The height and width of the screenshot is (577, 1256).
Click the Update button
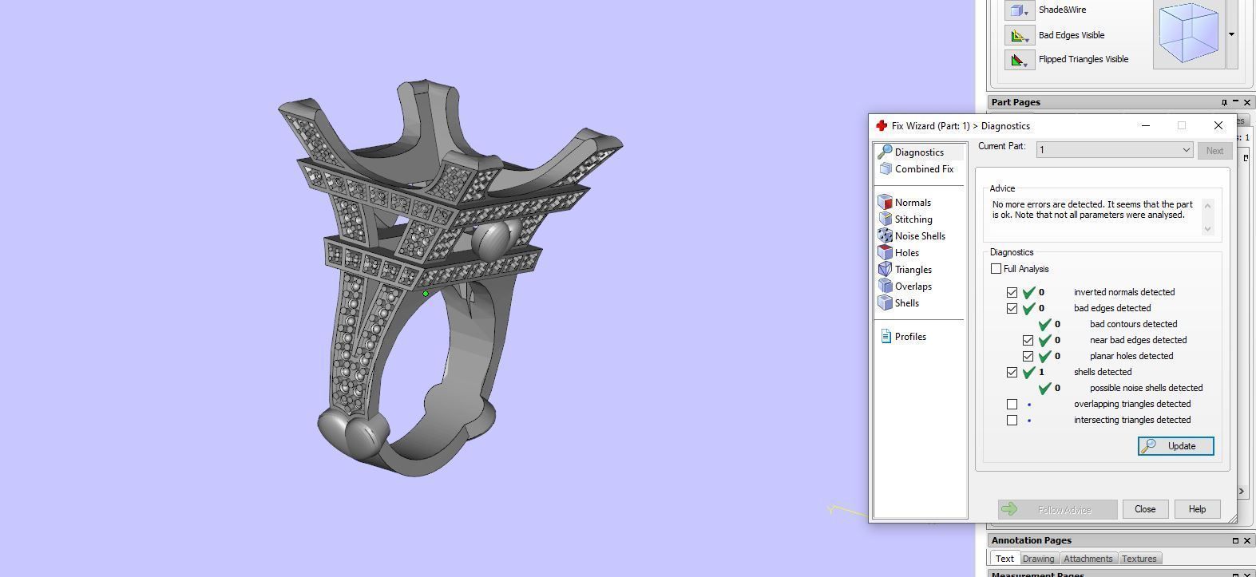tap(1175, 446)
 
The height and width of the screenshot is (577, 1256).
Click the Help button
tap(1196, 509)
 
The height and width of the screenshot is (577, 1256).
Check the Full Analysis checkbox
tap(996, 269)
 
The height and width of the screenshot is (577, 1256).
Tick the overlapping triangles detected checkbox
tap(1012, 404)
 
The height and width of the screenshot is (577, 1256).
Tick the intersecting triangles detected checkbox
tap(1012, 420)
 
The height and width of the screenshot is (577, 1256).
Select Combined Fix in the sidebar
tap(923, 169)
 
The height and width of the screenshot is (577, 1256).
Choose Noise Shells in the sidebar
tap(919, 236)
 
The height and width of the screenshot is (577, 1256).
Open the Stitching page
tap(913, 219)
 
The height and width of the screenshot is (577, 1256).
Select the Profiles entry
tap(909, 337)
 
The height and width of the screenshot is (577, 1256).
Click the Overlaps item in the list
tap(913, 287)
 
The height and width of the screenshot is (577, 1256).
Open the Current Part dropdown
tap(1114, 150)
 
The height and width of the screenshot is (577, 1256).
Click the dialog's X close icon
tap(1218, 125)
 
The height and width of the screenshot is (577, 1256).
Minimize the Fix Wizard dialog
tap(1145, 125)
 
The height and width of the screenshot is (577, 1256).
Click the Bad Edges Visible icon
tap(1019, 35)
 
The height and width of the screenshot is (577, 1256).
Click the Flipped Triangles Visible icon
tap(1019, 59)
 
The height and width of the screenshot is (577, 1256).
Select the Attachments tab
tap(1088, 559)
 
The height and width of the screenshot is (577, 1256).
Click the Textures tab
tap(1139, 559)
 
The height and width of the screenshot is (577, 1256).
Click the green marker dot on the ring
tap(426, 294)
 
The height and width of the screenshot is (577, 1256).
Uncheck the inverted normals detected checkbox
tap(1012, 292)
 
